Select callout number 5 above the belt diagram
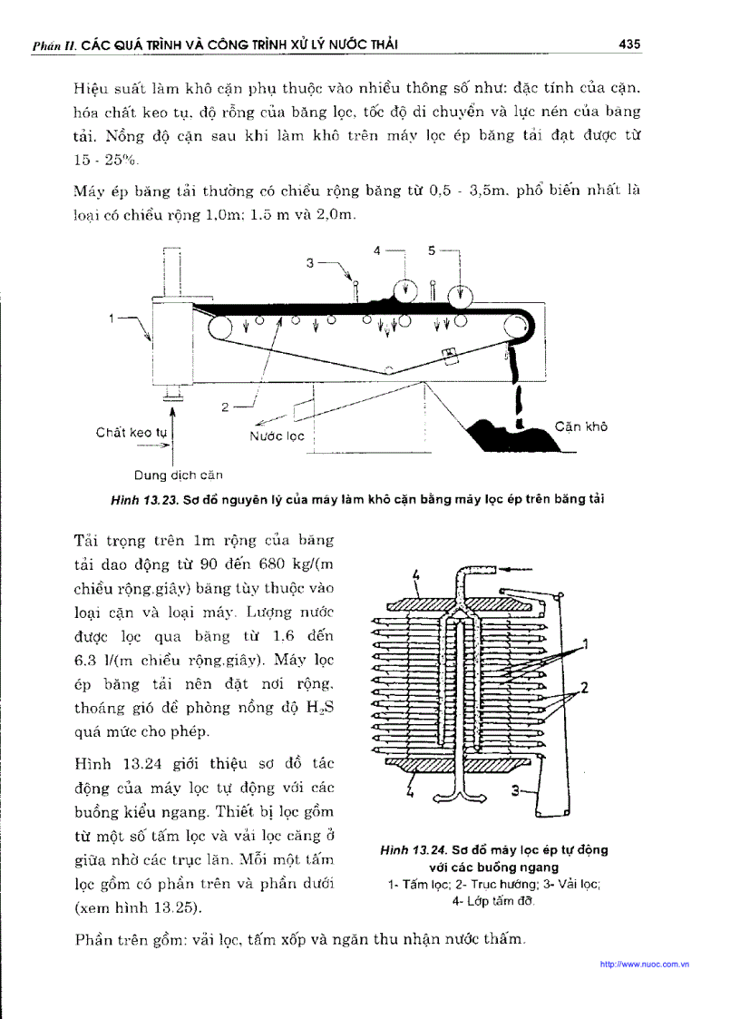(432, 250)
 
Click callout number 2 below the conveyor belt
(225, 407)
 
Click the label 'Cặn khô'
(581, 427)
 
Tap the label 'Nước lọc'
(277, 436)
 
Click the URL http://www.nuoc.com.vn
(645, 965)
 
